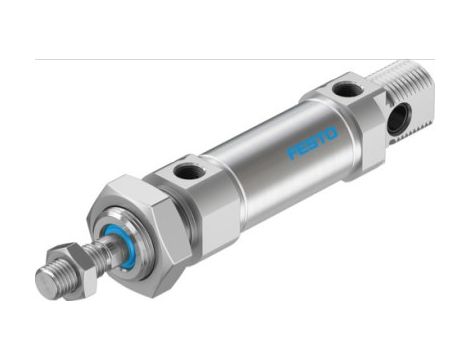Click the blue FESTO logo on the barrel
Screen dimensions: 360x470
313,141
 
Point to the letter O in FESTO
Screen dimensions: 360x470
333,130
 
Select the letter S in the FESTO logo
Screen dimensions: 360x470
313,141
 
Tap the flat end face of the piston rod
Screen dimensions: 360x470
44,279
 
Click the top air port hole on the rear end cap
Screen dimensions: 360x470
343,90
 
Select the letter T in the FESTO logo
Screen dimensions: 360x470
323,136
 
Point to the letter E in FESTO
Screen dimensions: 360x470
303,147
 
